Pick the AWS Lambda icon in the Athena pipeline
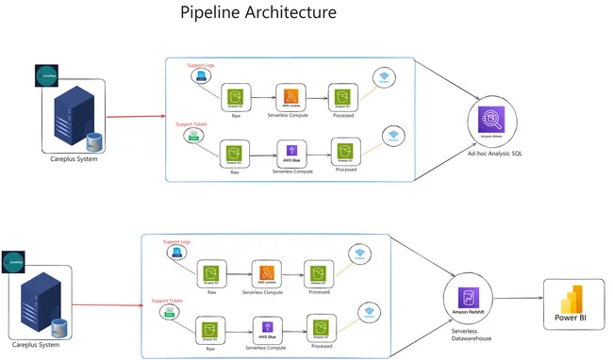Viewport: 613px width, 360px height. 292,97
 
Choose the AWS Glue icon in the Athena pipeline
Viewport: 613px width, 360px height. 292,152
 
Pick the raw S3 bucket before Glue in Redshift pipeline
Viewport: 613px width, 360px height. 209,330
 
